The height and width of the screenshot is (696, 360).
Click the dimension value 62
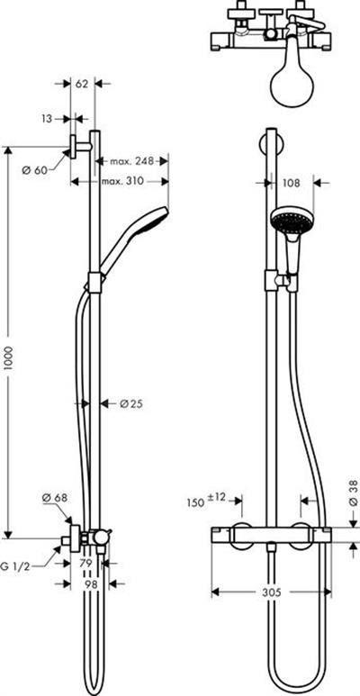[x=82, y=84]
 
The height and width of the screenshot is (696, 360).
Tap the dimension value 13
[x=48, y=119]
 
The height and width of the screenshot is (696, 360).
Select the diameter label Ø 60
[x=34, y=169]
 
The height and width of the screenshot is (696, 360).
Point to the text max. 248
[x=131, y=160]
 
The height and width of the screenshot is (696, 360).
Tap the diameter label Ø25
[x=131, y=403]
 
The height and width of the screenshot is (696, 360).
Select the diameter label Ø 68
[x=55, y=498]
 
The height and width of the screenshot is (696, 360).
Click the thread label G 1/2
[x=15, y=566]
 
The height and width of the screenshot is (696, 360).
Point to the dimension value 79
[x=85, y=564]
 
